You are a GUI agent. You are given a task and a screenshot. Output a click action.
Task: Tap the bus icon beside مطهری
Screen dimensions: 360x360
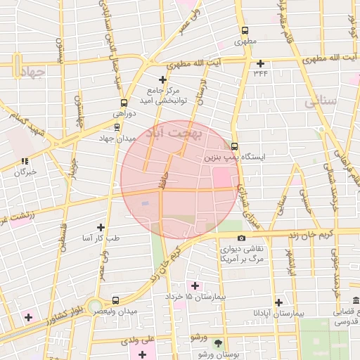pos(245,31)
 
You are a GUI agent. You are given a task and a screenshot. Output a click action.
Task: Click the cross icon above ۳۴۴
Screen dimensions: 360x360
pos(261,63)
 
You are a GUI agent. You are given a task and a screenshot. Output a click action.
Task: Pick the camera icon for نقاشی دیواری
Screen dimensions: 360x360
pos(241,239)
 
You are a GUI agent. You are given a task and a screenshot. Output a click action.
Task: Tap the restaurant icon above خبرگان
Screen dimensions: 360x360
pos(25,161)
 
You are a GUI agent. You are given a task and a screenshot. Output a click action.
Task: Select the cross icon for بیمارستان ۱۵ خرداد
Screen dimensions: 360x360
pos(195,286)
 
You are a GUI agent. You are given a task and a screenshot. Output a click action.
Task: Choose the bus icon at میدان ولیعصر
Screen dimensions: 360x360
pos(115,300)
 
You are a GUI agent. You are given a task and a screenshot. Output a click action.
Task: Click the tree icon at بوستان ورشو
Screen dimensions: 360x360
pos(217,343)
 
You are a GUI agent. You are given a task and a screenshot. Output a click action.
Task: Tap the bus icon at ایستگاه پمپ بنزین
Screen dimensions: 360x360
pos(234,147)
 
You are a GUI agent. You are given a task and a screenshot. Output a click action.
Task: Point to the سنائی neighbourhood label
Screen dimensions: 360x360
pos(321,103)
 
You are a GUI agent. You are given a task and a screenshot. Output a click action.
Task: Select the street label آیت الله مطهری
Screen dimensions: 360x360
pos(211,64)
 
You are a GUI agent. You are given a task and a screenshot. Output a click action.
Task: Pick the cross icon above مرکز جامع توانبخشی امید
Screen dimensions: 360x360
pos(163,79)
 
